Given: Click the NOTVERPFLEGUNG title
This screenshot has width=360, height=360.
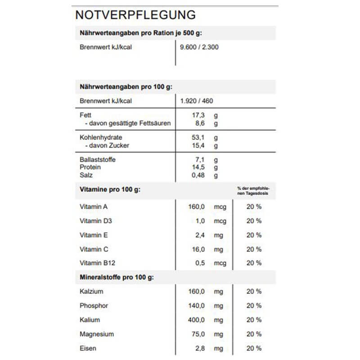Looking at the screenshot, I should [x=135, y=15].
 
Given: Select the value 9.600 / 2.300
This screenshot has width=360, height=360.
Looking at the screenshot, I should [x=199, y=47].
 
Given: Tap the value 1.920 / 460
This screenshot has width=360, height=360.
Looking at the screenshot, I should [x=196, y=101].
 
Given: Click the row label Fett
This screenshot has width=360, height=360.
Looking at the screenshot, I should [x=85, y=115].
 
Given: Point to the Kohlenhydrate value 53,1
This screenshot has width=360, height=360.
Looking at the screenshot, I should [x=198, y=137].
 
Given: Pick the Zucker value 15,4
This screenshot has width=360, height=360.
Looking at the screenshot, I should [x=198, y=145].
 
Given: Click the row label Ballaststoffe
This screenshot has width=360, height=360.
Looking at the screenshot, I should [x=94, y=159].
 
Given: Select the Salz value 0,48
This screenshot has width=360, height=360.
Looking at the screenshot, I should [x=198, y=175].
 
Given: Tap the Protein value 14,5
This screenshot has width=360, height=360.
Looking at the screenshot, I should [x=198, y=167].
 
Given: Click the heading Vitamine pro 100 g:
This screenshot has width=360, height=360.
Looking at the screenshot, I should [x=110, y=189].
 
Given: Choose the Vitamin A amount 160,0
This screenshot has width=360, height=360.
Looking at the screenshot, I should [x=197, y=207].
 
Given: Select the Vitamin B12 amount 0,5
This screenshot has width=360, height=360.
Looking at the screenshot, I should [x=200, y=263].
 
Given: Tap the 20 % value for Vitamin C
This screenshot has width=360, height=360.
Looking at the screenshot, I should [x=254, y=249].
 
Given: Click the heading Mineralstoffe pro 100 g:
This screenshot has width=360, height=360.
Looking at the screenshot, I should [x=117, y=277].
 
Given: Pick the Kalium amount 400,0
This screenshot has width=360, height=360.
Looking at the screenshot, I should [x=197, y=320].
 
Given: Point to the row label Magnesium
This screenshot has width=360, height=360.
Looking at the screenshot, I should [x=97, y=334].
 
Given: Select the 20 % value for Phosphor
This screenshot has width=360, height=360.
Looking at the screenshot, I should [x=254, y=306].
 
